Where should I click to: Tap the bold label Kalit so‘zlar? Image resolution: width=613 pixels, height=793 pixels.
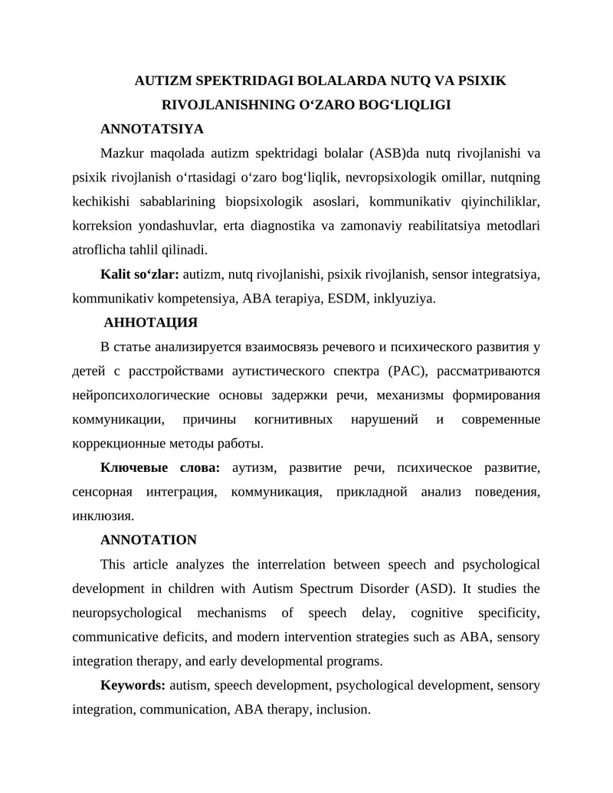click(x=139, y=274)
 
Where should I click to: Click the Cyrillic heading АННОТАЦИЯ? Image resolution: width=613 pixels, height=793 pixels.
click(x=151, y=322)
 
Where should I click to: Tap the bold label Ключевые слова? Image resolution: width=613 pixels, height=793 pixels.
click(x=160, y=468)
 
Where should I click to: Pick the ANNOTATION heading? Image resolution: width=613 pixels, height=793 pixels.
click(x=149, y=540)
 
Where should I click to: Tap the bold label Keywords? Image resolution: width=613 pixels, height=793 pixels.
click(x=133, y=686)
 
